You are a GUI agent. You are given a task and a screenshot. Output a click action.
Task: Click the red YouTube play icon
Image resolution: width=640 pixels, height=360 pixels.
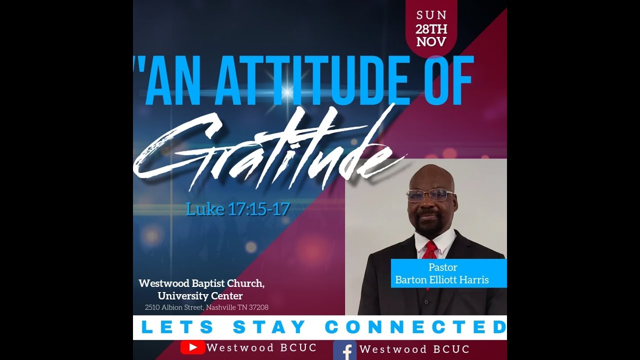[x=192, y=347]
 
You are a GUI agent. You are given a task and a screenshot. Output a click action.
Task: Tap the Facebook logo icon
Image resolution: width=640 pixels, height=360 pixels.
[x=344, y=349]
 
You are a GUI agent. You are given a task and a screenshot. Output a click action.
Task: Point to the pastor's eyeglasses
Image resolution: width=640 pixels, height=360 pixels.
[x=429, y=195]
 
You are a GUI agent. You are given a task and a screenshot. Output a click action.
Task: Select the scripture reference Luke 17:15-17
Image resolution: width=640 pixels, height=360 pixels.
[x=237, y=208]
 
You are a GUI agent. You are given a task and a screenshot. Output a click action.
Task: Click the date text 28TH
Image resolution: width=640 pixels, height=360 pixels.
[x=431, y=29]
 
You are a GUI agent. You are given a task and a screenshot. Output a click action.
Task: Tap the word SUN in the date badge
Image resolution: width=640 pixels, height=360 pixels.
[x=431, y=15]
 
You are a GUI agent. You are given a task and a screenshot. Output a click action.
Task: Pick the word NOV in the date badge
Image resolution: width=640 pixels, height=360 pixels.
[x=431, y=42]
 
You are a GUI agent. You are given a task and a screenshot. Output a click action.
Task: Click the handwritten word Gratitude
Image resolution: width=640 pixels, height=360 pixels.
[x=265, y=150]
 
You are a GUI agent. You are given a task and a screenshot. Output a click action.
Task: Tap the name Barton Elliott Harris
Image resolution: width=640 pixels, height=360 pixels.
[x=441, y=280]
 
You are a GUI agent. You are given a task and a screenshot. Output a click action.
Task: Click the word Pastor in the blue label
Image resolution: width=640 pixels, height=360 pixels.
[x=442, y=267]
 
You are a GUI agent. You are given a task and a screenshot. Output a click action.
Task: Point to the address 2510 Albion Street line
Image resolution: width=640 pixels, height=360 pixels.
[x=206, y=307]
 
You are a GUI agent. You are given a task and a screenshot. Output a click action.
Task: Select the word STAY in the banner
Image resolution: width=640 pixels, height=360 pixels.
[x=269, y=327]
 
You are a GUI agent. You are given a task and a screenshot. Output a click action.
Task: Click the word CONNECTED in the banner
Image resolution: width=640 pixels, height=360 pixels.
[x=415, y=327]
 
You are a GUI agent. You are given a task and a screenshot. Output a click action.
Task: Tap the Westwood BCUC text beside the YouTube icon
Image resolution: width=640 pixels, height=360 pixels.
[x=261, y=348]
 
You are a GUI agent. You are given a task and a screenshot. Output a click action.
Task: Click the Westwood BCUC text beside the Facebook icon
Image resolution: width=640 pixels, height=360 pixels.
[x=414, y=349]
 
